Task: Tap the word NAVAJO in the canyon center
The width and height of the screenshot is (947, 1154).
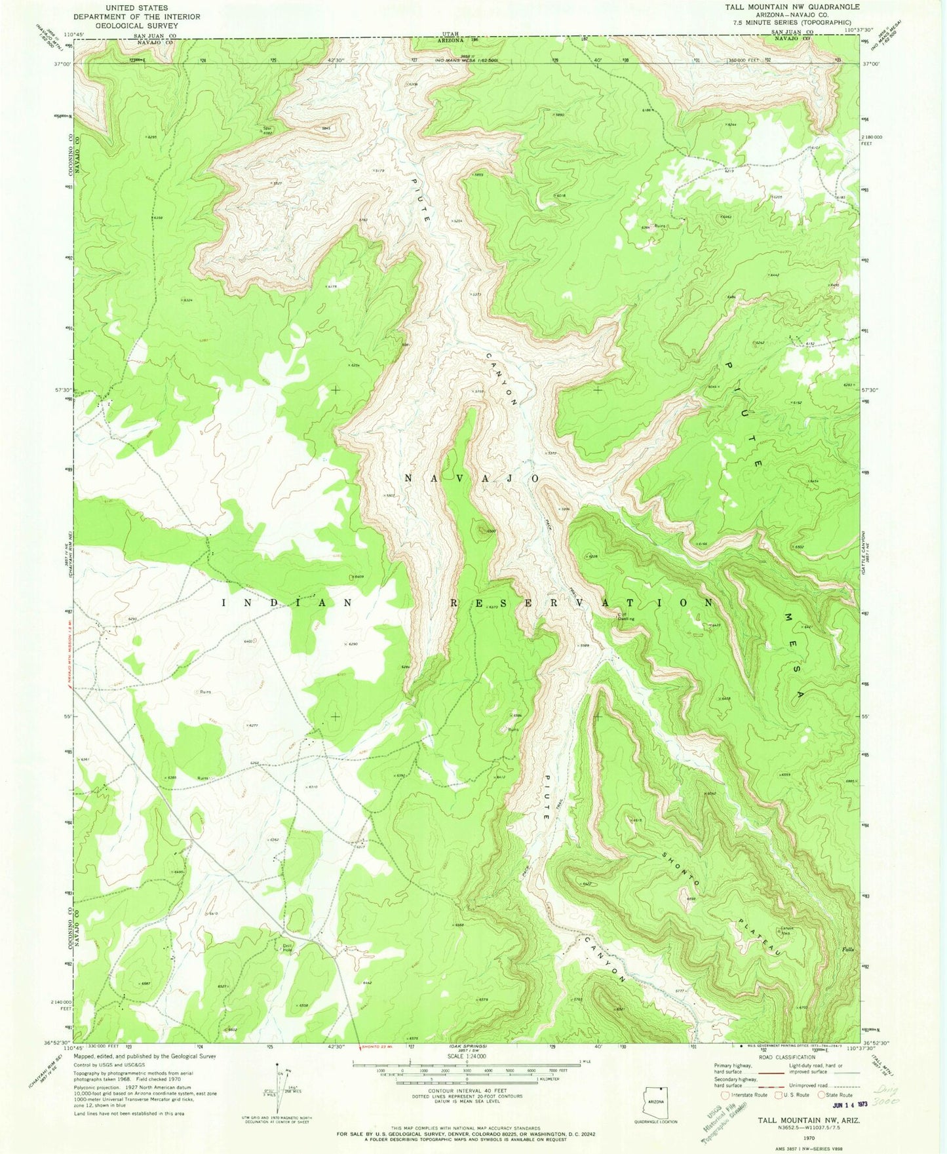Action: coord(471,478)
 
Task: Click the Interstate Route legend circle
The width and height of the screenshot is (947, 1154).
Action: coord(724,1094)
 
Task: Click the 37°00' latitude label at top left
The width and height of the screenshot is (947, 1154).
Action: coord(64,64)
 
